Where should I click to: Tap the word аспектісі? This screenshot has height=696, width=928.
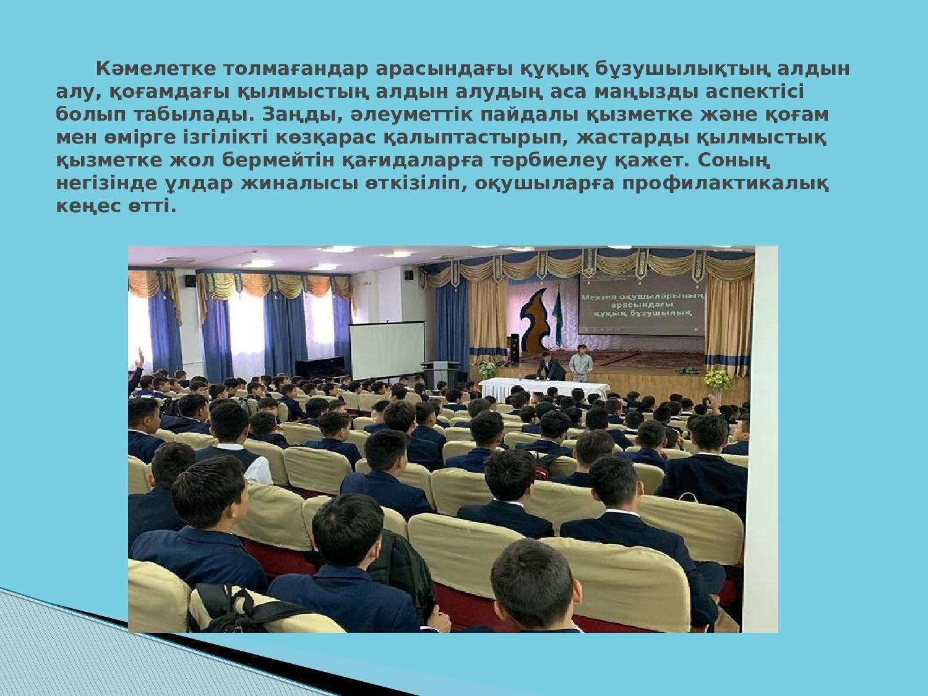click(755, 92)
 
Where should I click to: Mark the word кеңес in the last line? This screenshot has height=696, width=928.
click(88, 207)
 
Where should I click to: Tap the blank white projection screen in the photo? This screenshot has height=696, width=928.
click(387, 350)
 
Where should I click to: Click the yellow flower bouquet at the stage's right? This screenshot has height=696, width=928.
click(718, 379)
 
